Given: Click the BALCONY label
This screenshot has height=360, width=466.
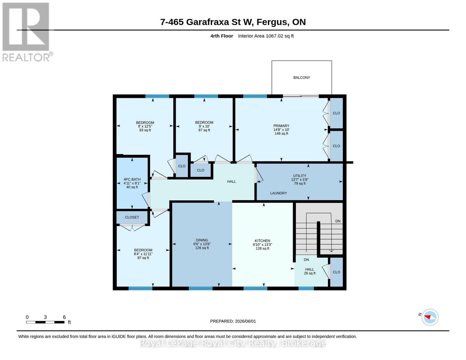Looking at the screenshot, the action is tap(302, 78).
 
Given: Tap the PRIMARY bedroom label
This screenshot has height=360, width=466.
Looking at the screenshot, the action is tap(281, 126).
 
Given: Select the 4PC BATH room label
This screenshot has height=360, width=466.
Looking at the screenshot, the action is tap(132, 179).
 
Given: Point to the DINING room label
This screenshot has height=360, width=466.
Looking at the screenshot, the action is tap(202, 240).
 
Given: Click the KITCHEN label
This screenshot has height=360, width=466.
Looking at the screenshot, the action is tap(262, 241).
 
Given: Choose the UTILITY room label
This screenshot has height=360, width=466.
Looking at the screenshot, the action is tap(299, 176).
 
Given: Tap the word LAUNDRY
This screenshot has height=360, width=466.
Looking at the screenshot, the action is tap(278, 193).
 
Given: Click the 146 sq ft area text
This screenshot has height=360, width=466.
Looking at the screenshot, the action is tap(281, 133).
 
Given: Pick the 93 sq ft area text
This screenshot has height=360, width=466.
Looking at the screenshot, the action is tap(145, 130).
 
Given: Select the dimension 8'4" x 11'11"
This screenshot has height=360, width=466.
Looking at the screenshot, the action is tap(143, 254).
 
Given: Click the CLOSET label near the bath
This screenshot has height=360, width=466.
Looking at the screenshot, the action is tap(132, 217).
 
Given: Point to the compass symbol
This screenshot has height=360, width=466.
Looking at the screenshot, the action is tap(430, 317).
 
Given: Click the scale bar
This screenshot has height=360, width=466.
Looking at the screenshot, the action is tap(45, 322).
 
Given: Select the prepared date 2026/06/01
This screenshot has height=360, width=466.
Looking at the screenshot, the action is tap(245, 321).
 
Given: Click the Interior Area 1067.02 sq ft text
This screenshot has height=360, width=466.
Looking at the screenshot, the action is tap(266, 36).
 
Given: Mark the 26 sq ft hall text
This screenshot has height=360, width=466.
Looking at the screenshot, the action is tap(309, 273).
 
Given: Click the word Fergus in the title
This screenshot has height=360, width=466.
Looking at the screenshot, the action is tap(272, 22).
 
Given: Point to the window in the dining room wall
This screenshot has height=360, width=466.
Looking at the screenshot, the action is tap(200, 288).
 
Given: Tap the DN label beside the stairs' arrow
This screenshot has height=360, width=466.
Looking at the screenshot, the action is tap(338, 221).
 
